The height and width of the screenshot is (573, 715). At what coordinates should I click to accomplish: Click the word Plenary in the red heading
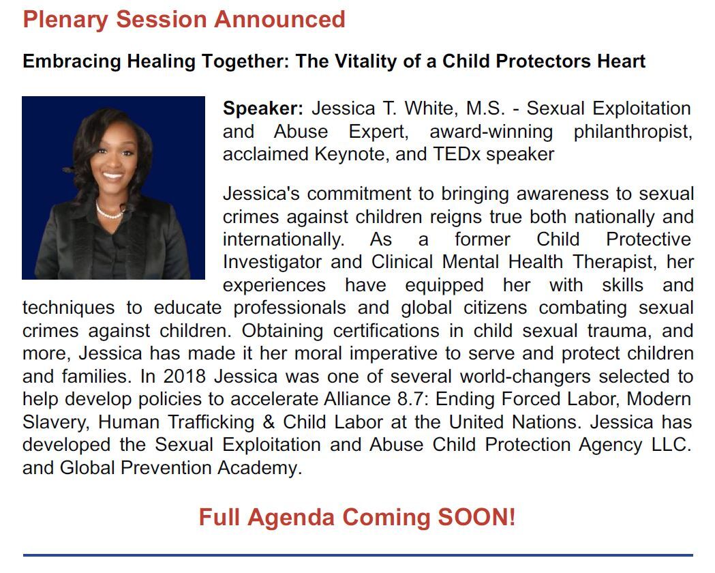point(65,20)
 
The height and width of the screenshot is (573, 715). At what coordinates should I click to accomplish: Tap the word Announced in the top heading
point(279,20)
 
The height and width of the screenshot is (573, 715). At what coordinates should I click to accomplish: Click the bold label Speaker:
point(262,108)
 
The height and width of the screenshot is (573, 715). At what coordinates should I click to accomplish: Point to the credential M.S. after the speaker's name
point(485,108)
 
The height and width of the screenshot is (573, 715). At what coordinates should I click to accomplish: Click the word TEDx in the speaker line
point(457,154)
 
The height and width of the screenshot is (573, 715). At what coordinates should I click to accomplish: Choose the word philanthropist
point(633,132)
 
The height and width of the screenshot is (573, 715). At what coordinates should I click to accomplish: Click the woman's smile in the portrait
point(112,175)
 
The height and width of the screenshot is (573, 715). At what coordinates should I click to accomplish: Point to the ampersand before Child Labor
point(269,422)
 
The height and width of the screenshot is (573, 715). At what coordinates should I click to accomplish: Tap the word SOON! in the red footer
point(476,517)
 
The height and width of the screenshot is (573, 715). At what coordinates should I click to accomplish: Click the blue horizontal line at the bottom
point(358,555)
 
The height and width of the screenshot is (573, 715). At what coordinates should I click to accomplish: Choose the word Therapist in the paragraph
point(615,263)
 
